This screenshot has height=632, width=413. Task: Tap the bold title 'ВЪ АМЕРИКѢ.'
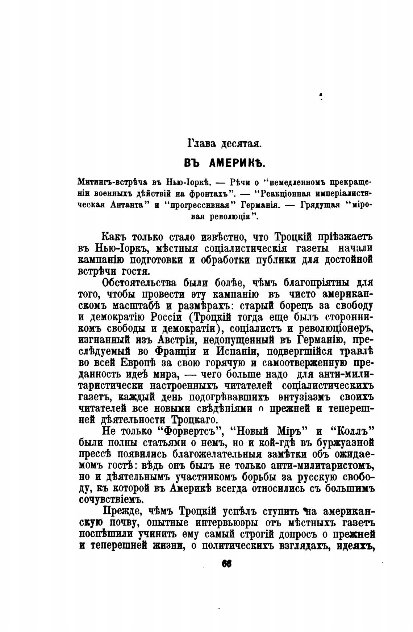(x=225, y=163)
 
